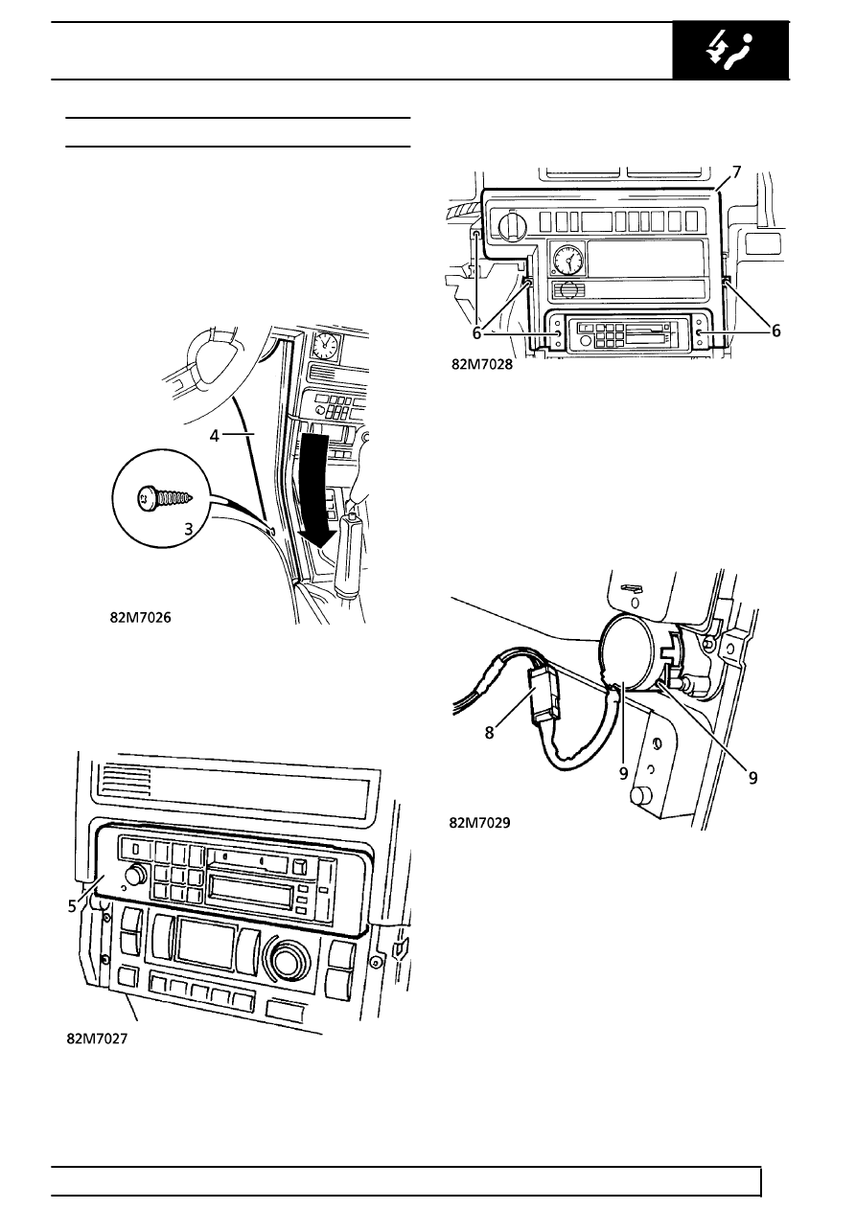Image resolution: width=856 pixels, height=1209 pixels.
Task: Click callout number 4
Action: point(216,434)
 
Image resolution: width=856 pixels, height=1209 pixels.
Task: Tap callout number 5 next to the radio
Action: point(72,906)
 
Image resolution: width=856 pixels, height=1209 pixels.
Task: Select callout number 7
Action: point(736,172)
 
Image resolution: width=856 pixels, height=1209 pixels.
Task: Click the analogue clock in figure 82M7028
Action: point(567,260)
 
